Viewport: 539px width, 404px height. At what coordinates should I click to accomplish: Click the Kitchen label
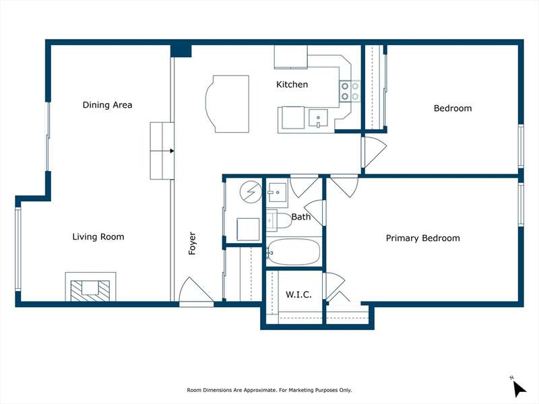click(x=292, y=85)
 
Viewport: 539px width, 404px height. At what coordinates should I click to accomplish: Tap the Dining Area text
click(x=107, y=105)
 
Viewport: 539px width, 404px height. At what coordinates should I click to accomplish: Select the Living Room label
click(x=98, y=237)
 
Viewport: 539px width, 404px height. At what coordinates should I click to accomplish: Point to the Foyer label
click(x=192, y=243)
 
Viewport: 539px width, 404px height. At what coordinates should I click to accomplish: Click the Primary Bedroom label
click(x=423, y=238)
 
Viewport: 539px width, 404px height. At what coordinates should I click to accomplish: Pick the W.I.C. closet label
click(x=298, y=294)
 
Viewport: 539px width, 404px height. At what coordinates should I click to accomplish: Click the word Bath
click(x=301, y=217)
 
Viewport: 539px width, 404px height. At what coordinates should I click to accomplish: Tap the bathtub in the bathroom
click(x=293, y=252)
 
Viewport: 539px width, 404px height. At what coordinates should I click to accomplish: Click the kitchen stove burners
click(x=350, y=91)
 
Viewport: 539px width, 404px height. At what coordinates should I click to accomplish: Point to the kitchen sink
click(x=318, y=119)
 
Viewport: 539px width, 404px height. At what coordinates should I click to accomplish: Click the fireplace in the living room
click(x=90, y=288)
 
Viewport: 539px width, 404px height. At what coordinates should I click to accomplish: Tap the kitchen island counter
click(x=227, y=104)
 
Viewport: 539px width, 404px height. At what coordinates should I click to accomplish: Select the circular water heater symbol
click(x=251, y=192)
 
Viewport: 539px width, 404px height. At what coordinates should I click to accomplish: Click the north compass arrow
click(x=519, y=388)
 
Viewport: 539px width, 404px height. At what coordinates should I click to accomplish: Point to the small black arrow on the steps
click(x=172, y=151)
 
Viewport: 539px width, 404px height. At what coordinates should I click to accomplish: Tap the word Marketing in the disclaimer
click(x=301, y=391)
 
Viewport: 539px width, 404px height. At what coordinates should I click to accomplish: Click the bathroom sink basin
click(x=277, y=191)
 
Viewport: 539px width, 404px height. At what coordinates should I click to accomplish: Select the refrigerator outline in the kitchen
click(x=291, y=57)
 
